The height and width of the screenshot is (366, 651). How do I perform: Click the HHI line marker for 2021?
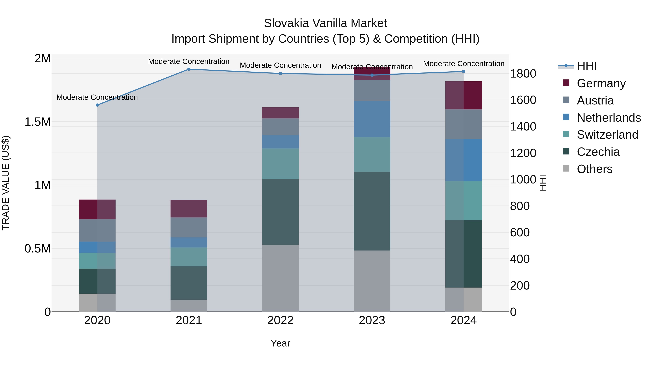click(189, 69)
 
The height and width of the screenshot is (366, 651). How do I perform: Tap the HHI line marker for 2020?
click(97, 105)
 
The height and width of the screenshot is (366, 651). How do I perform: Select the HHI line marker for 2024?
click(463, 71)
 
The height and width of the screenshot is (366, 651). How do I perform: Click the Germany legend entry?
click(601, 83)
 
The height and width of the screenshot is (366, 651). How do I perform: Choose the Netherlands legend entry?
click(609, 118)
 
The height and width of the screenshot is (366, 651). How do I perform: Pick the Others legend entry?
click(594, 169)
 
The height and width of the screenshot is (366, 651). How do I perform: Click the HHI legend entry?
click(587, 66)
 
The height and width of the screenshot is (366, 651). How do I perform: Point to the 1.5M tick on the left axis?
click(37, 122)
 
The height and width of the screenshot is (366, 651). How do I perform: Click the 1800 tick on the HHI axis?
click(523, 74)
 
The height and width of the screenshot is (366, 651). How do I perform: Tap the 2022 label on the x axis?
click(280, 320)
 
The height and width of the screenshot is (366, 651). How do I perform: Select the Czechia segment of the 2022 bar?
click(280, 212)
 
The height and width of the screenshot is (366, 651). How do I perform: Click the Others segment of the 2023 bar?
click(372, 281)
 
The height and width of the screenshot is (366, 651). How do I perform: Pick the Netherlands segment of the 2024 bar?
click(463, 160)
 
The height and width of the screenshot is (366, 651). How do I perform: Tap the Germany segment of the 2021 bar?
click(189, 209)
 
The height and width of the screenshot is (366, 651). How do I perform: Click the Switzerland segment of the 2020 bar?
click(97, 260)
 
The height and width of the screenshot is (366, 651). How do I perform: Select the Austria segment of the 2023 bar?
click(372, 90)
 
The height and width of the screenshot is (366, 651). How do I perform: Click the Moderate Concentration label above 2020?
click(97, 97)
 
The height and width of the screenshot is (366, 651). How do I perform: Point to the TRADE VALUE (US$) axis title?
click(6, 183)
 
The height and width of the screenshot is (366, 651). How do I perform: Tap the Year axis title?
click(280, 343)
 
